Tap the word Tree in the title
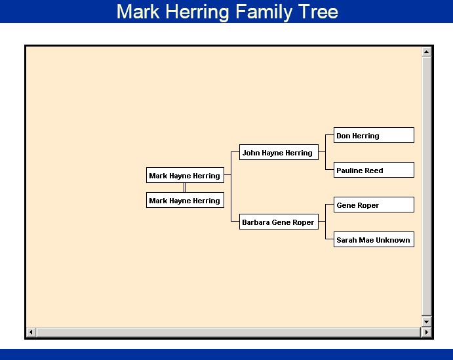318,11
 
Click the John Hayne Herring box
278,153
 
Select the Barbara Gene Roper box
278,222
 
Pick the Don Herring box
374,136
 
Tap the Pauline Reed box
374,170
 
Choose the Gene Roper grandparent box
374,205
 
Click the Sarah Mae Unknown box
374,240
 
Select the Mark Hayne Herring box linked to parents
185,176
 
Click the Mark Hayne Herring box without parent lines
185,201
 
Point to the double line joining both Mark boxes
185,188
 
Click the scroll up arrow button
426,52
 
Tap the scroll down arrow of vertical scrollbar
426,321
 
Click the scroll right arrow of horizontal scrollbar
426,332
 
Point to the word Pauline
350,170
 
